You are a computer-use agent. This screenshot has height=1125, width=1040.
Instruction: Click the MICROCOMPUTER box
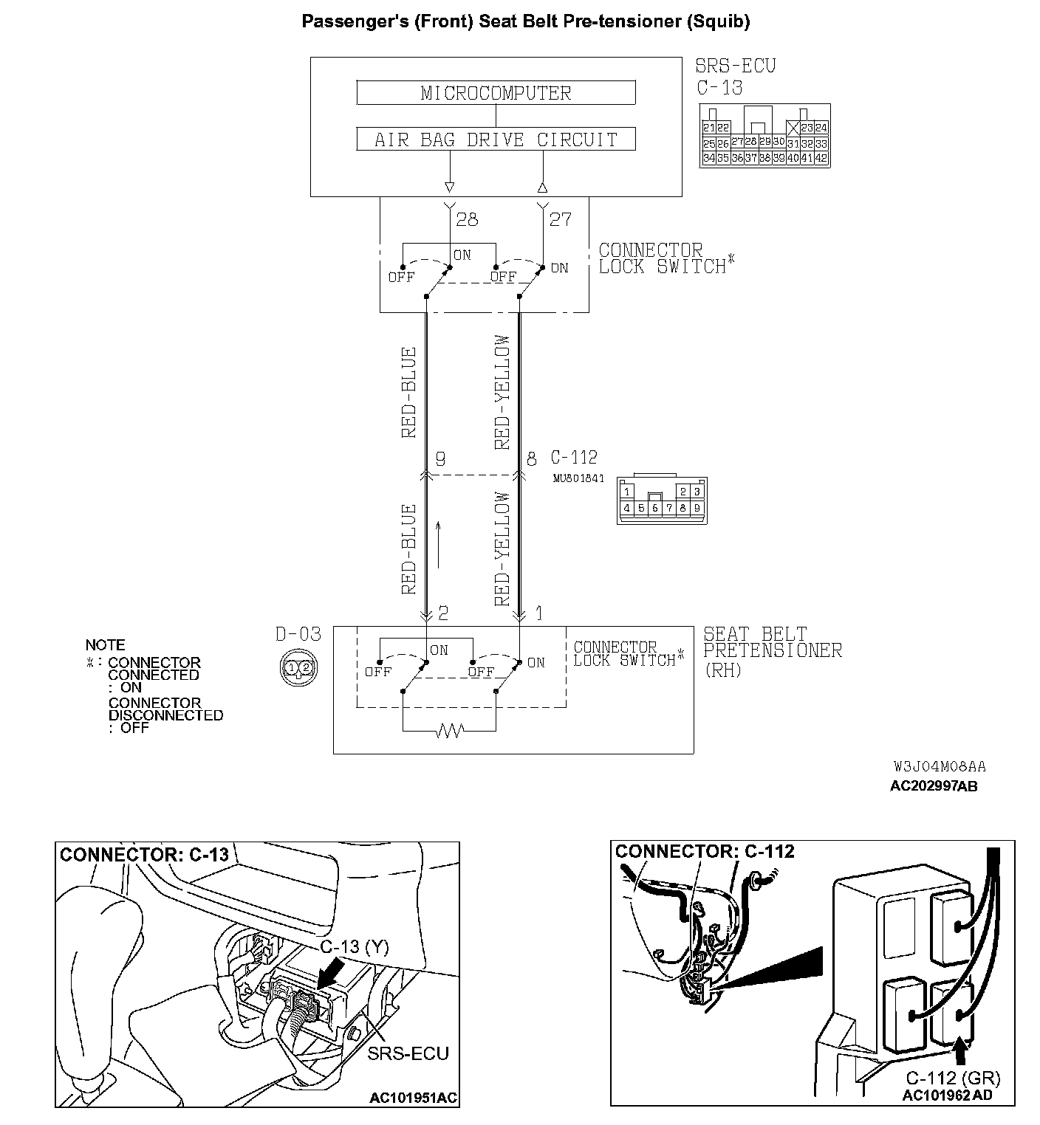(496, 93)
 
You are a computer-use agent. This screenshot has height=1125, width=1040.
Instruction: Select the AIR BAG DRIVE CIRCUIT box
(496, 140)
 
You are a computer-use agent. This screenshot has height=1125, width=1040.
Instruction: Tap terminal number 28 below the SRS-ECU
(467, 219)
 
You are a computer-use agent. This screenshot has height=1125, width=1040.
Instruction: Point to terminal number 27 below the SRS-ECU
(560, 219)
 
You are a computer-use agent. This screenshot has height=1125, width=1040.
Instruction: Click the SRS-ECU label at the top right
(736, 66)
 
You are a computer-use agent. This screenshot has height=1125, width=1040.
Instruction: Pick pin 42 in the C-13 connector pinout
(821, 158)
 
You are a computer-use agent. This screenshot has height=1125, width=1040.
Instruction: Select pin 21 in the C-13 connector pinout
(709, 128)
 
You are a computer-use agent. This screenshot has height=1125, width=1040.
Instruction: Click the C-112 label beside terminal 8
(574, 458)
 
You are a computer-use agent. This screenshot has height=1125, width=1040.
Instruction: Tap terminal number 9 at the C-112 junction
(440, 459)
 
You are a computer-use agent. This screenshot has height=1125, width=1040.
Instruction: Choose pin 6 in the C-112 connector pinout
(655, 508)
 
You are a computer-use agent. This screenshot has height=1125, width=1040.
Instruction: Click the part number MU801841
(578, 478)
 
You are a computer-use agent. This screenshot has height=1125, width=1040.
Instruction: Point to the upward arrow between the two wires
(439, 545)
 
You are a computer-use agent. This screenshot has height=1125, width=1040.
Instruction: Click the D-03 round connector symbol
(298, 667)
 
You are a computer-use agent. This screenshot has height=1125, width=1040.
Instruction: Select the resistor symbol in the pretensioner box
(450, 731)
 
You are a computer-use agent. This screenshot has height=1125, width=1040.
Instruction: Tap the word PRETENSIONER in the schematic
(772, 650)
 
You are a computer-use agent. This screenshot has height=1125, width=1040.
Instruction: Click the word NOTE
(106, 645)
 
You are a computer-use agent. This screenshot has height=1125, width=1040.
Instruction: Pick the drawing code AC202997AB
(934, 786)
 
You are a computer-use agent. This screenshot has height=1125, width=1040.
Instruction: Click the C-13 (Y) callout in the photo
(354, 947)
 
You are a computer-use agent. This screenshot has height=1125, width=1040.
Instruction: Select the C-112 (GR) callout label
(953, 1078)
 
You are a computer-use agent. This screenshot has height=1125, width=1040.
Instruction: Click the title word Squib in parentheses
(717, 21)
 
